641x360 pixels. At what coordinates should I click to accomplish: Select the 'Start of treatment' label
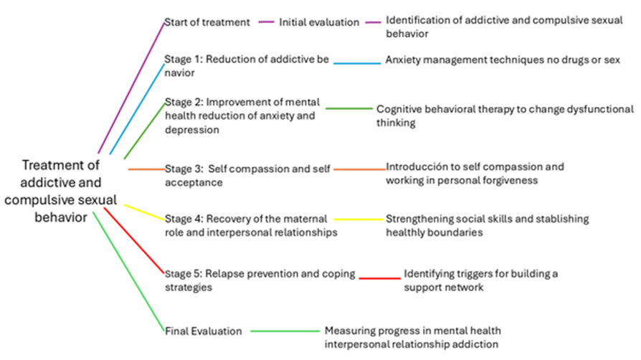coord(207,22)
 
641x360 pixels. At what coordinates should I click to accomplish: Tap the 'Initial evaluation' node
coord(319,22)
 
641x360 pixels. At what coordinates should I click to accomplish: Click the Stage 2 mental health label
coord(242,115)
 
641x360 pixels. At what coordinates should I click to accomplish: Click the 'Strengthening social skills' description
coord(487,225)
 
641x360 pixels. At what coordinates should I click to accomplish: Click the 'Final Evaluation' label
coord(203,331)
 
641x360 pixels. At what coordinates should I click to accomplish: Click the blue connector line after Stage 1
coord(357,63)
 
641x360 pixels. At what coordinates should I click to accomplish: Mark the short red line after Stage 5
coord(379,277)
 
